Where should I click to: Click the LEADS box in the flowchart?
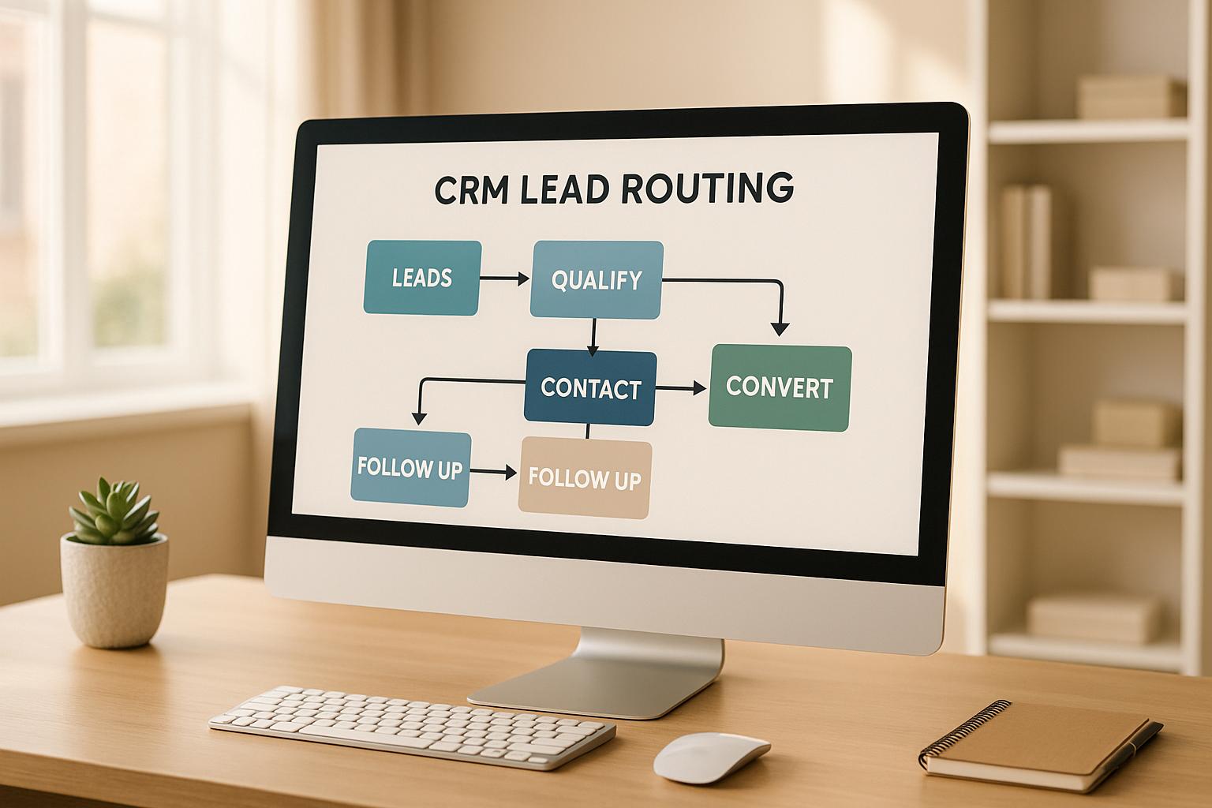[x=422, y=278]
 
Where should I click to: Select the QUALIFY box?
[x=597, y=280]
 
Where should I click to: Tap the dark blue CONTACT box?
[x=590, y=387]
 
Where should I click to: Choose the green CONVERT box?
[x=780, y=387]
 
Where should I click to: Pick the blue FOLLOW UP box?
[x=410, y=468]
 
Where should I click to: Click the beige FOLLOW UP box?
[x=585, y=478]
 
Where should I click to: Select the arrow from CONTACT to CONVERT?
[x=681, y=387]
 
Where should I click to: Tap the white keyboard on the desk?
[x=412, y=723]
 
